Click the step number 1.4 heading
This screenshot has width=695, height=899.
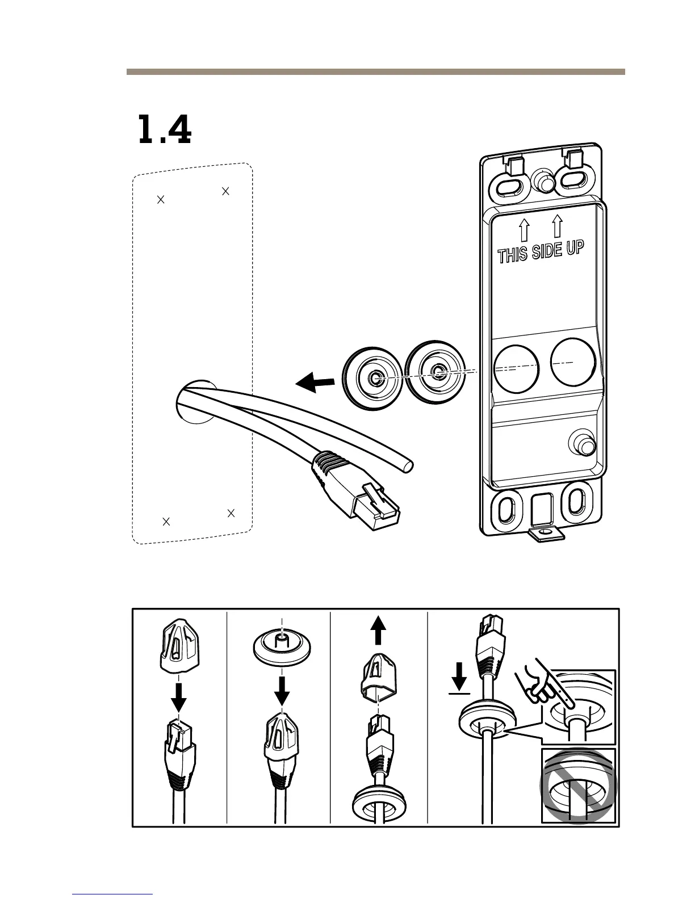click(164, 131)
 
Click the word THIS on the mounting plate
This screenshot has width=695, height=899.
click(513, 255)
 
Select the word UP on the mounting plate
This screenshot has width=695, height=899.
click(574, 248)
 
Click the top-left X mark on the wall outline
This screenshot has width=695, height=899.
click(161, 199)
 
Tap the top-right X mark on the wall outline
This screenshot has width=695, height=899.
click(225, 191)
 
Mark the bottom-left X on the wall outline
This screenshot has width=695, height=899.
click(166, 522)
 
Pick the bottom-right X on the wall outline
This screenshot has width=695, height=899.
click(231, 513)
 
